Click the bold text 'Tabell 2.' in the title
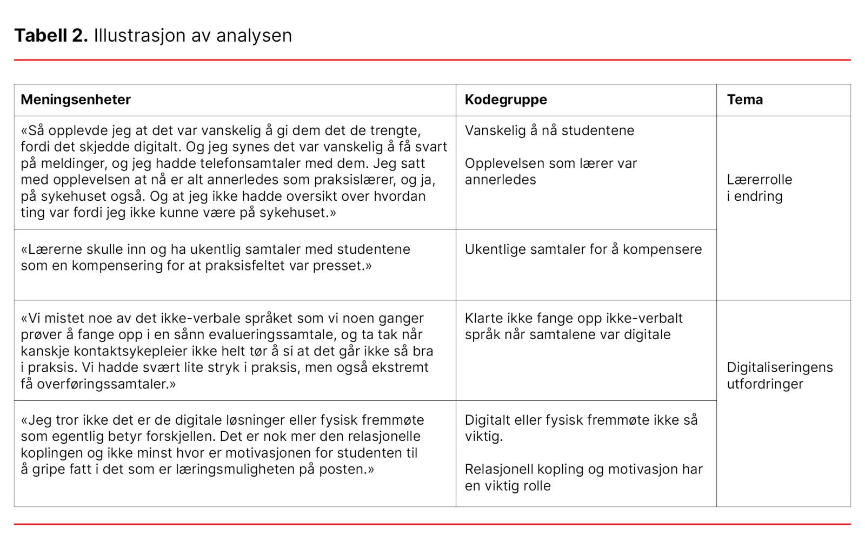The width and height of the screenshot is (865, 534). tap(51, 36)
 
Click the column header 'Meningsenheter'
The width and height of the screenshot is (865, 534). tap(76, 100)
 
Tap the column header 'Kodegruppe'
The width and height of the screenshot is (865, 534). tap(505, 100)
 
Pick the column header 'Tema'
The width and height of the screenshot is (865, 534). tap(744, 100)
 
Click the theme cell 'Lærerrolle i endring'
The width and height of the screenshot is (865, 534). tap(759, 188)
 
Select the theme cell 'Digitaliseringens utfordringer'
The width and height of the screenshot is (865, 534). tap(779, 375)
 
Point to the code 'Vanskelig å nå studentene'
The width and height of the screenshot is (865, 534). tap(549, 130)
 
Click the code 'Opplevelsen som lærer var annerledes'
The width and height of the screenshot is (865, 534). tap(550, 172)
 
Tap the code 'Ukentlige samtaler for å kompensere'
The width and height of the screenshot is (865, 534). tap(583, 249)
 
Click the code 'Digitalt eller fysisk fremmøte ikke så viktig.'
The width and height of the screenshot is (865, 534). tap(581, 428)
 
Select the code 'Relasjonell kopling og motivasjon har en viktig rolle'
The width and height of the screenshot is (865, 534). tap(583, 477)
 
